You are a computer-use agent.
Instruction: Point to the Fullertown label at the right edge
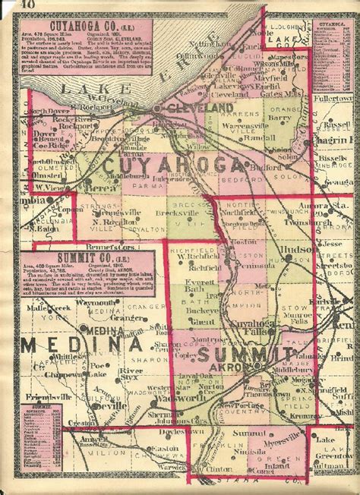(x=337, y=99)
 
